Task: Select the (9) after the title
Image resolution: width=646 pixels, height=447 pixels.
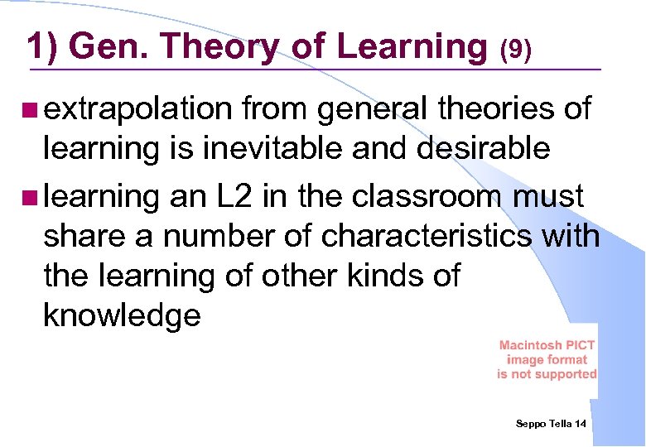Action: (x=514, y=50)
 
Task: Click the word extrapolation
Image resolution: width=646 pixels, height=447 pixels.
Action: (x=137, y=109)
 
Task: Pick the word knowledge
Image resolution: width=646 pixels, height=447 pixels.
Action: (x=122, y=315)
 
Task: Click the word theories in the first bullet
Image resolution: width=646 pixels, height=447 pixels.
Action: (x=485, y=109)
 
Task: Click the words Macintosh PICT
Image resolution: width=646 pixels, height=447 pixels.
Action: (x=547, y=345)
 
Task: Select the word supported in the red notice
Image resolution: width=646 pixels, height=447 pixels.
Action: (x=566, y=374)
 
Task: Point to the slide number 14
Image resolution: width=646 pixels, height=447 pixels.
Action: (x=580, y=424)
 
